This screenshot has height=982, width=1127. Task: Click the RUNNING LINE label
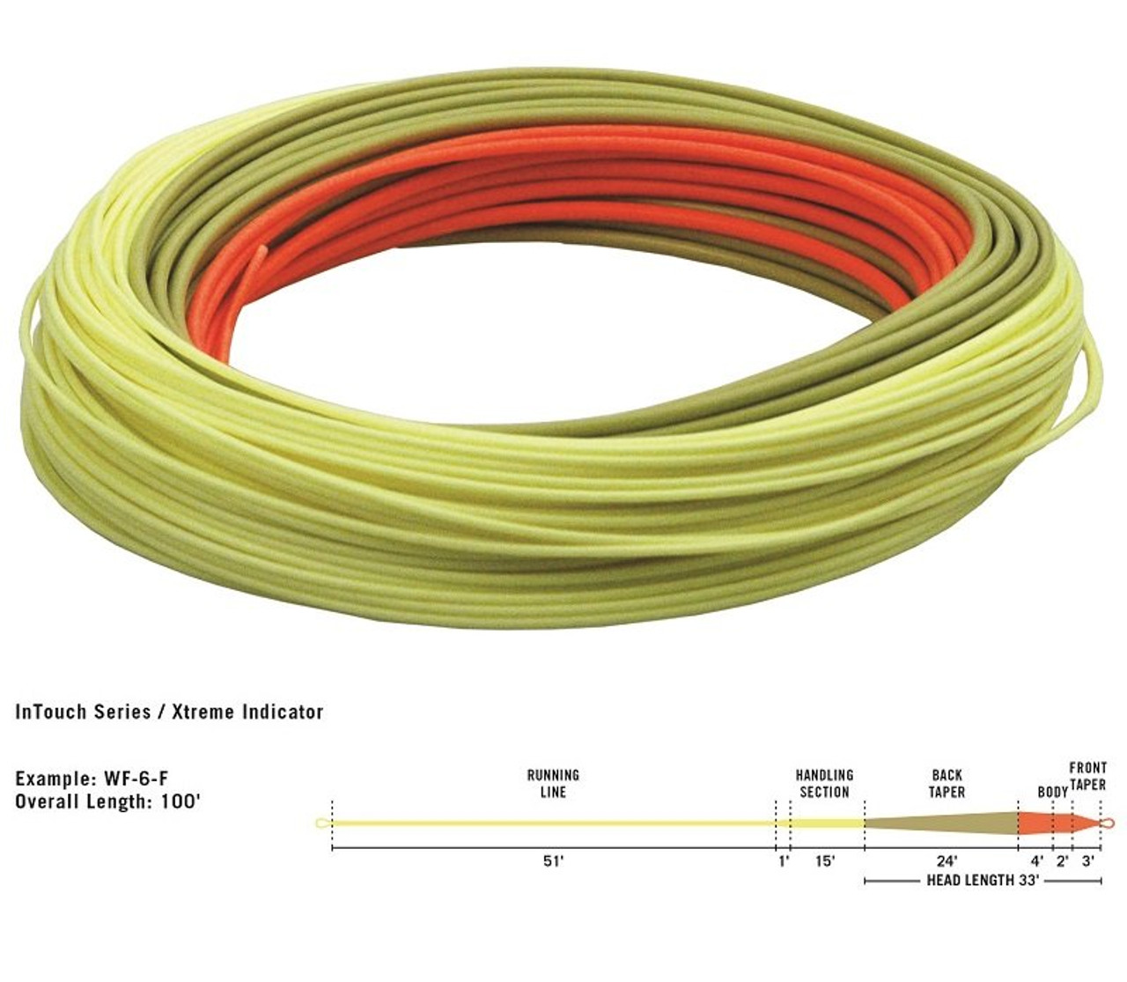point(553,783)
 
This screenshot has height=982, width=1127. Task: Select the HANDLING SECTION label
point(824,783)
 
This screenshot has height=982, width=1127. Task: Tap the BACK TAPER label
point(947,783)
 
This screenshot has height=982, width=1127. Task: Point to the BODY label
point(1051,792)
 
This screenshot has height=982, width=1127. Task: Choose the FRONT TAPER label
point(1087,776)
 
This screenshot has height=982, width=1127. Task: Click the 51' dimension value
point(553,861)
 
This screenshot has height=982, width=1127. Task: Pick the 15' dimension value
point(824,861)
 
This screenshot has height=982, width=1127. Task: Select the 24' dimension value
point(947,861)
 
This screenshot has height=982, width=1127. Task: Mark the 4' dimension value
point(1037,861)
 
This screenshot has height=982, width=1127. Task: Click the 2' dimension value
point(1063,861)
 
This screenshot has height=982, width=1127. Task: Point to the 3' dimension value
point(1089,861)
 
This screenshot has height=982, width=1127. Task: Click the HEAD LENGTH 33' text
point(983,880)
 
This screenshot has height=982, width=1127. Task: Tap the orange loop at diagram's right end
point(1108,823)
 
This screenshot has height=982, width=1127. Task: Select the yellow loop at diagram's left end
point(321,823)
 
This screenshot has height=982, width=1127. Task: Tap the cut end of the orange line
point(259,251)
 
